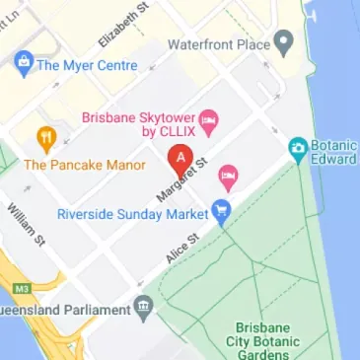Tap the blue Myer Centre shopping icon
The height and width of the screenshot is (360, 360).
click(22, 66)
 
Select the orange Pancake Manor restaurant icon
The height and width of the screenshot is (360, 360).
click(44, 139)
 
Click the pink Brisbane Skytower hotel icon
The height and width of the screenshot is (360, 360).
click(208, 122)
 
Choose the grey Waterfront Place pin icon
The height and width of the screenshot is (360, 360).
click(284, 44)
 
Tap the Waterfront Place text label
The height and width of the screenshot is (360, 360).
click(220, 45)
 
